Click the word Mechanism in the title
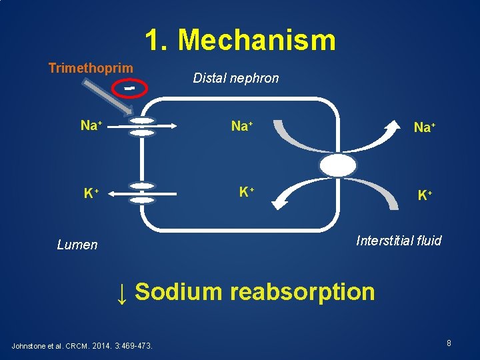[x=257, y=40]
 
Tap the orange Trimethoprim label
[x=91, y=68]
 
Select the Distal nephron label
[x=236, y=79]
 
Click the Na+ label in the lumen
[x=91, y=125]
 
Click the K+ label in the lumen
[x=91, y=194]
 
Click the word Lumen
[x=77, y=245]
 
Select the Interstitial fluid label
[x=399, y=241]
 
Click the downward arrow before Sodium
[x=122, y=292]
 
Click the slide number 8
[x=449, y=343]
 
